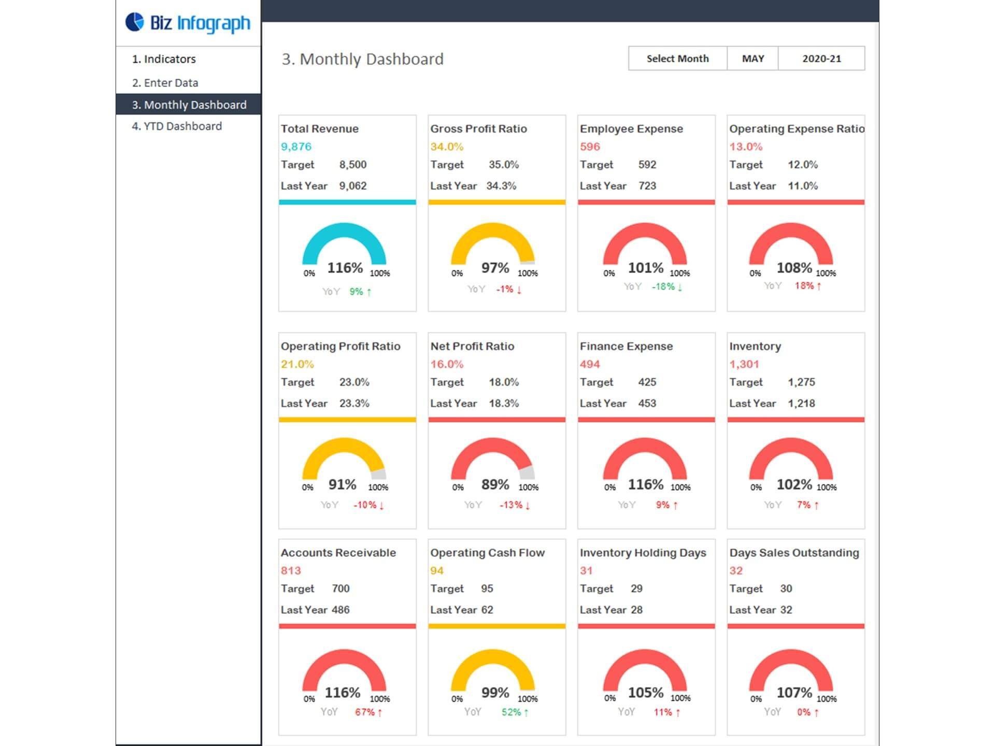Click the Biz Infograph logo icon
pos(135,22)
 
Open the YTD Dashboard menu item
pos(177,126)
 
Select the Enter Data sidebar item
pos(165,83)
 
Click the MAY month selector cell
pos(752,59)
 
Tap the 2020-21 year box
pos(821,59)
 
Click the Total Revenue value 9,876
pos(296,147)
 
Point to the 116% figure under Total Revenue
pos(345,268)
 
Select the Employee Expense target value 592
pos(647,165)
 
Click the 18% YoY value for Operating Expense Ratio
pos(804,286)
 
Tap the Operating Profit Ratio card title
pos(340,346)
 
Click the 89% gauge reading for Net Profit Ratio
pos(495,484)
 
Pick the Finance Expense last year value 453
pos(647,403)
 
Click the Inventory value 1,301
pos(744,364)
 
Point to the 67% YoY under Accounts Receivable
pos(365,712)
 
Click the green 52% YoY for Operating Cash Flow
pos(511,712)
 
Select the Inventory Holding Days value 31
pos(586,570)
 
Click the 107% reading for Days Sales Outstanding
pos(794,693)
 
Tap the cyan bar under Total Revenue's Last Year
pos(347,202)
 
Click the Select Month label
pos(677,59)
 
